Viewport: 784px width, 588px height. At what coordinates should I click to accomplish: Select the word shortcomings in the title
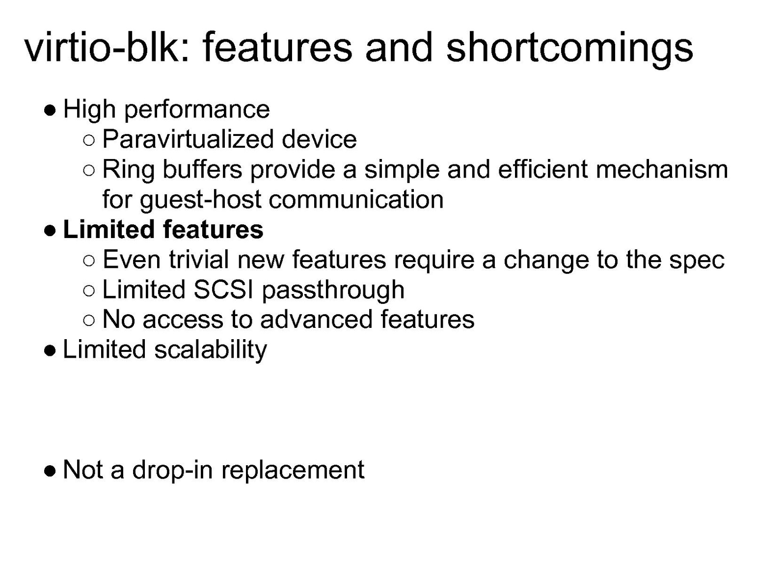(569, 50)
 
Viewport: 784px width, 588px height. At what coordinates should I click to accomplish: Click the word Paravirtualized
(188, 139)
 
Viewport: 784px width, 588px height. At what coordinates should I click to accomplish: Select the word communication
(356, 199)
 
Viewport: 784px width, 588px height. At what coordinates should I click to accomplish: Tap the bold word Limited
(108, 229)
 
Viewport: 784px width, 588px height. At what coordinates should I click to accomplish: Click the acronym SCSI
(223, 289)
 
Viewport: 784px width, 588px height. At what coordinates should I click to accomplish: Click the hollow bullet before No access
(89, 320)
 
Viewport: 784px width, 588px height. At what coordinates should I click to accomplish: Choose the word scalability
(211, 350)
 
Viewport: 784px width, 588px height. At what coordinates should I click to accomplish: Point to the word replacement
(293, 471)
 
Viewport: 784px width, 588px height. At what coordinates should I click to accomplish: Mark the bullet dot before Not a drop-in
(50, 471)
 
